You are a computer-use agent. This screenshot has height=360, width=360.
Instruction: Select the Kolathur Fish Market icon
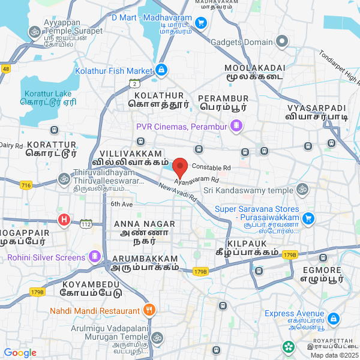(161, 71)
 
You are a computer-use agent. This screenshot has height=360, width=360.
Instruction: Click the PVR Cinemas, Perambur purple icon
(237, 126)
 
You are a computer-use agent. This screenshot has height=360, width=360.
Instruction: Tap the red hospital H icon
(64, 220)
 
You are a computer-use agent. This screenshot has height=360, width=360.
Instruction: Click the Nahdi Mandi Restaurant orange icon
(149, 310)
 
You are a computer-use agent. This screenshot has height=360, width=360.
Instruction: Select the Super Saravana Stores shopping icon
(308, 218)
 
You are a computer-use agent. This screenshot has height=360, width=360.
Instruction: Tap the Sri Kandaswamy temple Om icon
(303, 190)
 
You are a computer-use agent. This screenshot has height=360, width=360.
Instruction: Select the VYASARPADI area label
(317, 109)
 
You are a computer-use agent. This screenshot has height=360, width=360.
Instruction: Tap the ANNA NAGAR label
(144, 224)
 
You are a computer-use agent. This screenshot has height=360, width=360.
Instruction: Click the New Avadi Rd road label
(178, 192)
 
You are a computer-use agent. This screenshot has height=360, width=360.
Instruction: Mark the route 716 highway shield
(25, 186)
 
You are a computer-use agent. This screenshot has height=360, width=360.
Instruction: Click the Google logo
(20, 353)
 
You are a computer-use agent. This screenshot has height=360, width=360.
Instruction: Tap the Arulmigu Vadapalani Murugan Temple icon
(157, 338)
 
